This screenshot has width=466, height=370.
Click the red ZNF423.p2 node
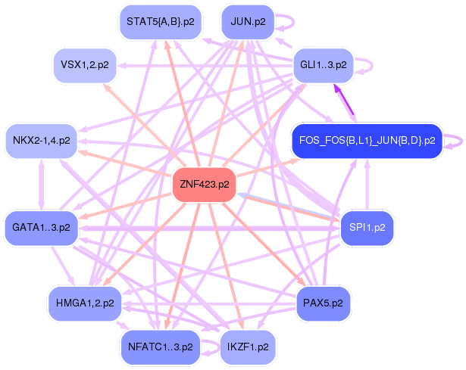pyautogui.click(x=204, y=184)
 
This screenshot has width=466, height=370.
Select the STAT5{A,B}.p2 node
pyautogui.click(x=160, y=21)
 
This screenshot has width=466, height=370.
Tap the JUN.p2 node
pyautogui.click(x=247, y=21)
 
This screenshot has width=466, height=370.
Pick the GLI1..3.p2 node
pyautogui.click(x=324, y=65)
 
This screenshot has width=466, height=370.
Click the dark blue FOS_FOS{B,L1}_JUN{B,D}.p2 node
pyautogui.click(x=367, y=141)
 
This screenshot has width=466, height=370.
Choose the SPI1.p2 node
pyautogui.click(x=367, y=226)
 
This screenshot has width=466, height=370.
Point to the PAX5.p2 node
pyautogui.click(x=323, y=303)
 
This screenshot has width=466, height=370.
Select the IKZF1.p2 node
pyautogui.click(x=247, y=347)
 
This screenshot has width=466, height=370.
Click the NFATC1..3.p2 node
pyautogui.click(x=160, y=347)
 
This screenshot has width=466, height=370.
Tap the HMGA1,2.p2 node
pyautogui.click(x=84, y=303)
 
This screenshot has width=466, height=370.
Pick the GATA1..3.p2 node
pyautogui.click(x=41, y=226)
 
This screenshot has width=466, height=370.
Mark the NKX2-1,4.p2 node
pyautogui.click(x=41, y=141)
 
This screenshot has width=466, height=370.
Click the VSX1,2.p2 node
pyautogui.click(x=84, y=65)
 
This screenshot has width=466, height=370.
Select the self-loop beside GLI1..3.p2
pyautogui.click(x=364, y=65)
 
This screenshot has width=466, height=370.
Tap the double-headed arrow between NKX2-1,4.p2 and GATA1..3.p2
pyautogui.click(x=41, y=184)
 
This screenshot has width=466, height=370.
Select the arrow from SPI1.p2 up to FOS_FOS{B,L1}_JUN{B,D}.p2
pyautogui.click(x=367, y=185)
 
